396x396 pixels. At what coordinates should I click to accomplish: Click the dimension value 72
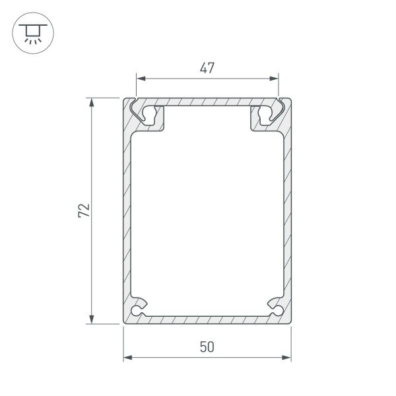[x=82, y=211]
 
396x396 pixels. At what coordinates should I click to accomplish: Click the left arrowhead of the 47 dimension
[x=140, y=79]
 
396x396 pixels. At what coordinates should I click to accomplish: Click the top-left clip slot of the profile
[x=150, y=114]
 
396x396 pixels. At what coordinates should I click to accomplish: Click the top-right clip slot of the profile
[x=264, y=114]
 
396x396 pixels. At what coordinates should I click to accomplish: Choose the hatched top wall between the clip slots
[x=207, y=102]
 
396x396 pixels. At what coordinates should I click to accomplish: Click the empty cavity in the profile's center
[x=207, y=211]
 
